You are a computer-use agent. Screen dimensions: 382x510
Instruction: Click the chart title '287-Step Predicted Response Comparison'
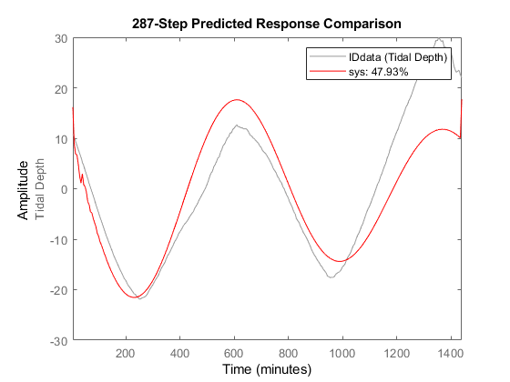[x=267, y=20]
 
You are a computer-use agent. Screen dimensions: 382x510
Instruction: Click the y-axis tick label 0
[x=62, y=189]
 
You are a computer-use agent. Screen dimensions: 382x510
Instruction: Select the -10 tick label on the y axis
[x=56, y=240]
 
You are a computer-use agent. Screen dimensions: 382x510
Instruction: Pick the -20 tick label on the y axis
[x=56, y=290]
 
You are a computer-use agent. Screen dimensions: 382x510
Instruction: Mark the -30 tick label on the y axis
[x=56, y=340]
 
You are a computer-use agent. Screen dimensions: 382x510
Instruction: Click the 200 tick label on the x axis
[x=126, y=353]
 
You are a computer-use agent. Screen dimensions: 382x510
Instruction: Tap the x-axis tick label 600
[x=234, y=353]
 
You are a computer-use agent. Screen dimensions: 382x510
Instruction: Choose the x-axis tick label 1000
[x=342, y=353]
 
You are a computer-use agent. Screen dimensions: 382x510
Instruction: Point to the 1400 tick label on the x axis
[x=451, y=353]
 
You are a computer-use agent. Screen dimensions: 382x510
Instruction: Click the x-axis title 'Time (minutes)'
[x=267, y=369]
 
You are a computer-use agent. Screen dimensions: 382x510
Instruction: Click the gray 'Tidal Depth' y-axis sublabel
[x=39, y=189]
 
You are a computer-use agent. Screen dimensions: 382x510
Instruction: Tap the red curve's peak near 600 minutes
[x=237, y=100]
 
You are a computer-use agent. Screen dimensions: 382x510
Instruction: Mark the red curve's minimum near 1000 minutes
[x=340, y=261]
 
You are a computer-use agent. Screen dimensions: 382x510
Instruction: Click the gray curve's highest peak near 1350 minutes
[x=439, y=39]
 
